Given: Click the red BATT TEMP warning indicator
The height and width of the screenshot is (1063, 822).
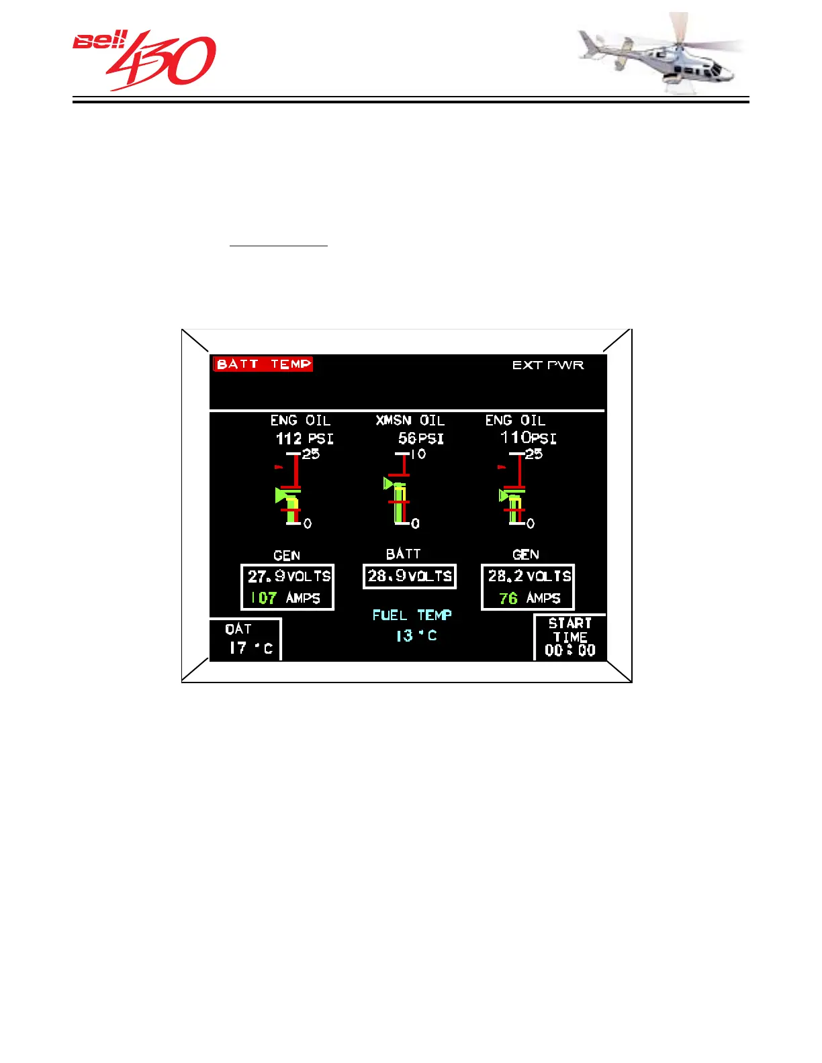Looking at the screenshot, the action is coord(263,364).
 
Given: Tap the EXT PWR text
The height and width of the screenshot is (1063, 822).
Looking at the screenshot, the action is coord(548,365).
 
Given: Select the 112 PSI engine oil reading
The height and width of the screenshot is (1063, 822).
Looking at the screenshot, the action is coord(304,439).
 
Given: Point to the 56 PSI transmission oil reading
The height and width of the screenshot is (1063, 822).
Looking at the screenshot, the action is coord(420,439).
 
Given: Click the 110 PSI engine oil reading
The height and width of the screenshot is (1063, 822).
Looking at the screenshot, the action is coord(528,438).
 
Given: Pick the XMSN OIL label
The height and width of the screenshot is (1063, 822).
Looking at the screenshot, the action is coord(410,421).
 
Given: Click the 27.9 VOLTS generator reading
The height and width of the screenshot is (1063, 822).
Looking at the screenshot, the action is coord(289,576).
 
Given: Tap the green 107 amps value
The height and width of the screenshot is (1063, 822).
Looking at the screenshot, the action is coord(264,598).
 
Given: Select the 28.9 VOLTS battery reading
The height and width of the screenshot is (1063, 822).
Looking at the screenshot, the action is coord(410,576).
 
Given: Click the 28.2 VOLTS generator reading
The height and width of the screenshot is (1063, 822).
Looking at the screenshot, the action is coord(529,576).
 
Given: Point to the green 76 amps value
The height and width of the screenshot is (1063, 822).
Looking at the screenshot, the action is coord(508,599).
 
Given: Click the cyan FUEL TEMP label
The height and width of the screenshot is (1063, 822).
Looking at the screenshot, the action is coord(412,615).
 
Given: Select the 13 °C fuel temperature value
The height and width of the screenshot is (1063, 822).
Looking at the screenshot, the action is coord(416,636).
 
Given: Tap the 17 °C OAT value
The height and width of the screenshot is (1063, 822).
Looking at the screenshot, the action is coord(250,648).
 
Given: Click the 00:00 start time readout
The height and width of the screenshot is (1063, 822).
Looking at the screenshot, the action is coord(570,650).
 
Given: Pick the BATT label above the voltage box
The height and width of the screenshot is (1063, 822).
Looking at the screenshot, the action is coord(403,554).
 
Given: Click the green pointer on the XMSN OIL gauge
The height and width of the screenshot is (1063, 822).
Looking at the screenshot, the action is coord(388,483).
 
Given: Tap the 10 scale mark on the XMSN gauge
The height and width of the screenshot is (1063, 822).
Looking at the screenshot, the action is coord(418,454).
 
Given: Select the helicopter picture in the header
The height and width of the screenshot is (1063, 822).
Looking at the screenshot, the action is coord(661,54).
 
